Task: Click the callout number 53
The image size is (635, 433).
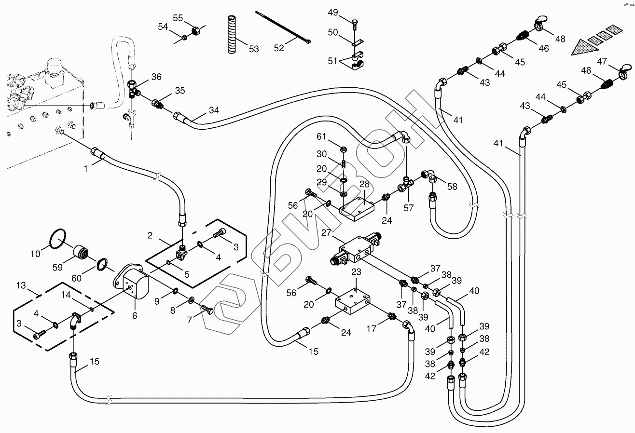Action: tap(254, 49)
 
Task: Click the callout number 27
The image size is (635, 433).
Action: tap(327, 232)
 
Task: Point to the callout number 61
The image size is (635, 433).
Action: tap(322, 137)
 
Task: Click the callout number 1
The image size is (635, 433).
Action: tap(86, 169)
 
